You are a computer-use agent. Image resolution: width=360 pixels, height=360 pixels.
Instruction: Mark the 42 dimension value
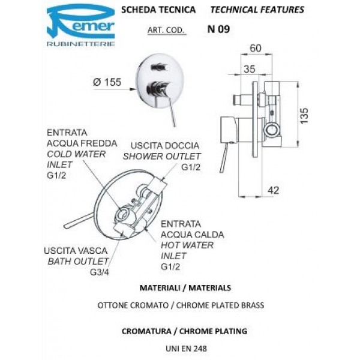274,190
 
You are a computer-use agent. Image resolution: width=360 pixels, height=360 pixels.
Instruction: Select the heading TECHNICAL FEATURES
257,10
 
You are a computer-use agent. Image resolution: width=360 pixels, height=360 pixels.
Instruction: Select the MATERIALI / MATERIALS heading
184,288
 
